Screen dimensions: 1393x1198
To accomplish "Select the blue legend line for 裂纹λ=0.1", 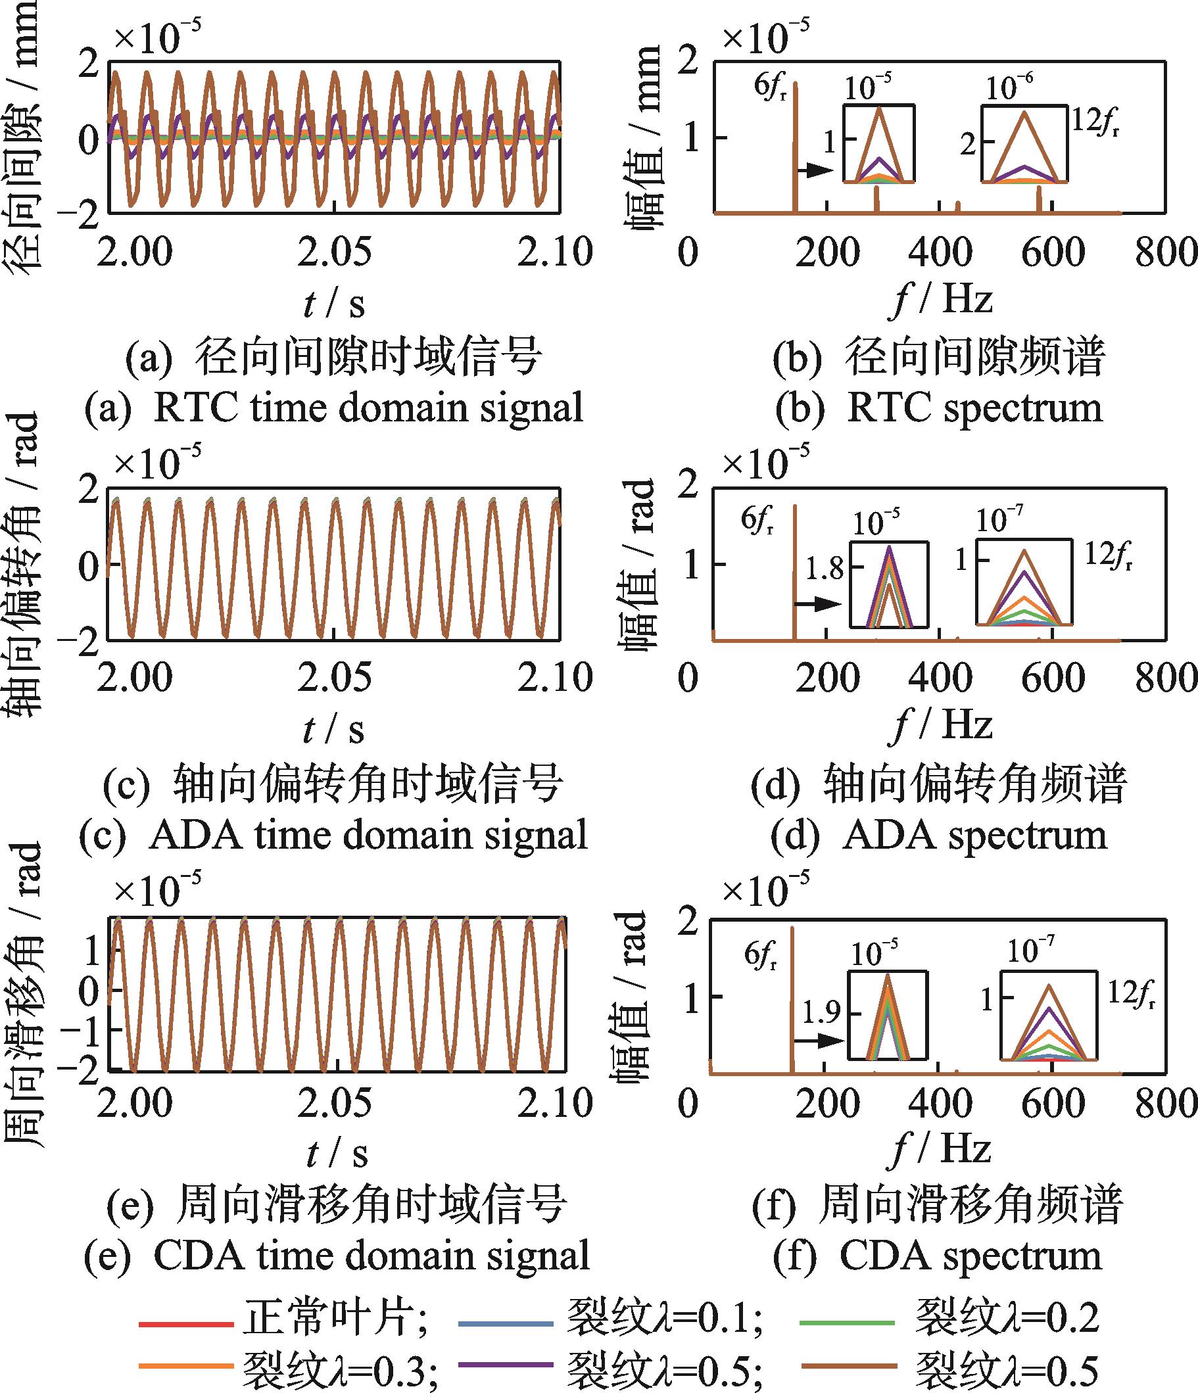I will [505, 1324].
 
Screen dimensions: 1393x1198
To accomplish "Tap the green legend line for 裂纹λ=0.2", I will [846, 1323].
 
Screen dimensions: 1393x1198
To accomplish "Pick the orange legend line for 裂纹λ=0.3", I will [185, 1365].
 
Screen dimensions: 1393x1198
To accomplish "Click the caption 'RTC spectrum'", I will [975, 408].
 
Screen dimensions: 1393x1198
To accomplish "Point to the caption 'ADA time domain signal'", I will [368, 835].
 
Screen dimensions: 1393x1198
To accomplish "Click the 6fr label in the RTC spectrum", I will [771, 88].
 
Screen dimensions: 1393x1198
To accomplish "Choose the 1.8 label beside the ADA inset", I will [825, 569].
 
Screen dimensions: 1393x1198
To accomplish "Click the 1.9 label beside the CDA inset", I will [821, 1012].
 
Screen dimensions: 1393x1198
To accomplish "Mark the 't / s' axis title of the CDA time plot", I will [335, 1154].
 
